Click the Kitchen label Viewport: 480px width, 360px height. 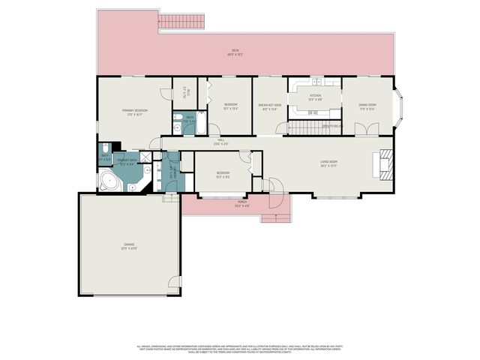(316, 97)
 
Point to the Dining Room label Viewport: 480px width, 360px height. (367, 106)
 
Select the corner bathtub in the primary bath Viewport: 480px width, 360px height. (110, 181)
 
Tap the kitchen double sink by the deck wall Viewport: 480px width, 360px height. (316, 81)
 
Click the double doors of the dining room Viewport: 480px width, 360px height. (364, 130)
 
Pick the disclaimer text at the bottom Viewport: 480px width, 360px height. (240, 349)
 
